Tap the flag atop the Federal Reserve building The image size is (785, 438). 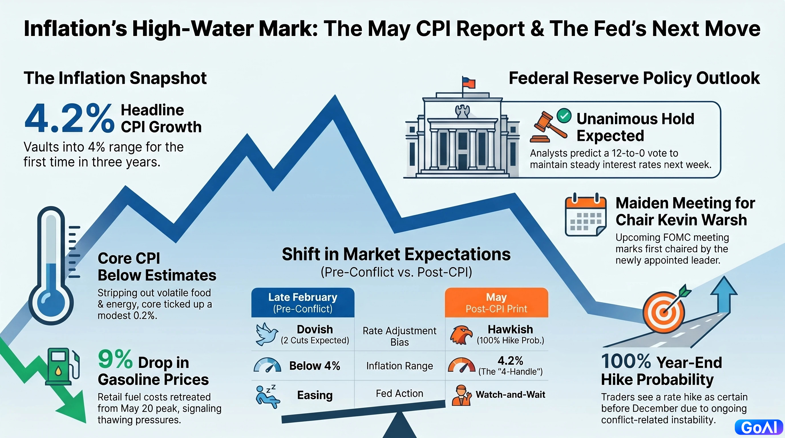469,82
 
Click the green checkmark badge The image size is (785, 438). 564,116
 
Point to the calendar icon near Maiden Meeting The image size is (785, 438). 585,214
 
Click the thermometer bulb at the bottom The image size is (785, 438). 51,303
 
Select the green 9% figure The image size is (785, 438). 115,359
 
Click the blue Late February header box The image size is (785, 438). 303,303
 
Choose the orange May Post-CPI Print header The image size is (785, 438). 496,303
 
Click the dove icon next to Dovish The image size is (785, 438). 267,334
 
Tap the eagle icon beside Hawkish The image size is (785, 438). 461,335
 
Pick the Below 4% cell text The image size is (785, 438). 315,366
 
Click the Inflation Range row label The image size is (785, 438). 400,366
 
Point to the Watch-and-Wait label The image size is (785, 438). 510,394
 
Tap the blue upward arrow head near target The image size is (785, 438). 724,286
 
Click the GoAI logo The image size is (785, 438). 759,427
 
